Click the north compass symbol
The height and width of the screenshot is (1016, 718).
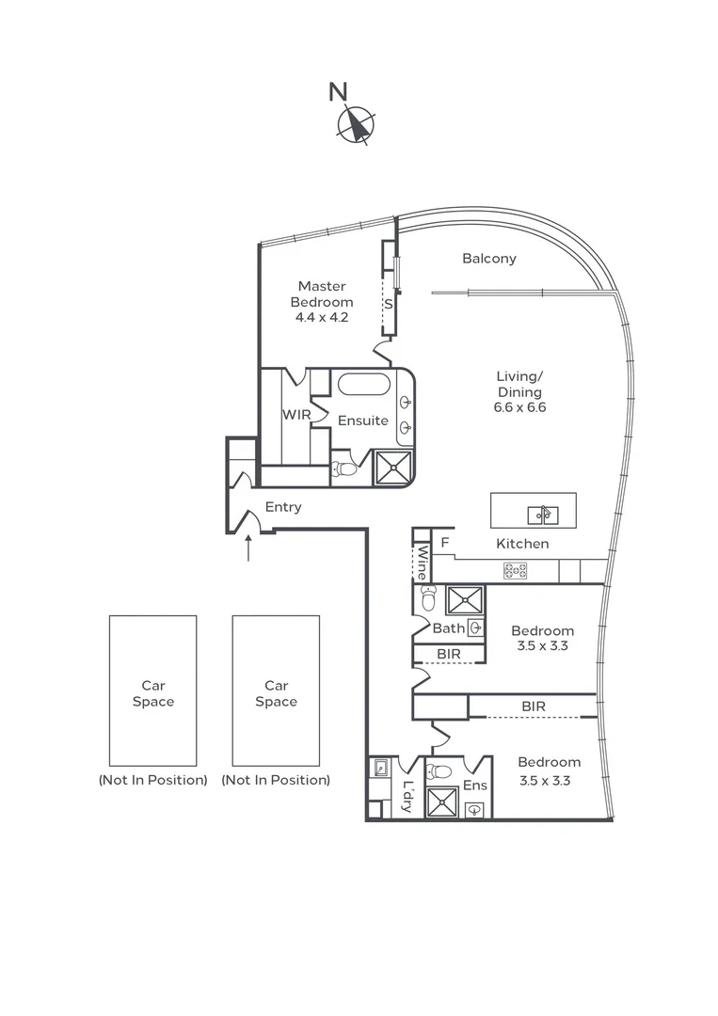[x=357, y=125]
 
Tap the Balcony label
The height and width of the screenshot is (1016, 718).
[x=488, y=259]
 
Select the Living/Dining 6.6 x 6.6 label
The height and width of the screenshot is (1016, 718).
[x=519, y=392]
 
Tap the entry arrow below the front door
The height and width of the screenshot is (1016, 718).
[x=248, y=548]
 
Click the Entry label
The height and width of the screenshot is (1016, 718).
[x=283, y=507]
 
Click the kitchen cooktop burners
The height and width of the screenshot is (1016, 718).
[x=515, y=570]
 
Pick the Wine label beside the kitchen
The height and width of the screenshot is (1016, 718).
[x=423, y=563]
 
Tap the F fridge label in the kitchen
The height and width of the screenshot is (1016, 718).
[x=444, y=543]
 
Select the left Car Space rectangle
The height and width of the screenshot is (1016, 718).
[x=152, y=691]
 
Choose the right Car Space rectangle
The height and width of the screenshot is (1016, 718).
[x=276, y=691]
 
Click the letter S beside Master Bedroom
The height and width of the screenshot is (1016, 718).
[x=388, y=305]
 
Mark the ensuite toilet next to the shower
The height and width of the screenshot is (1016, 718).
[x=345, y=468]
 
